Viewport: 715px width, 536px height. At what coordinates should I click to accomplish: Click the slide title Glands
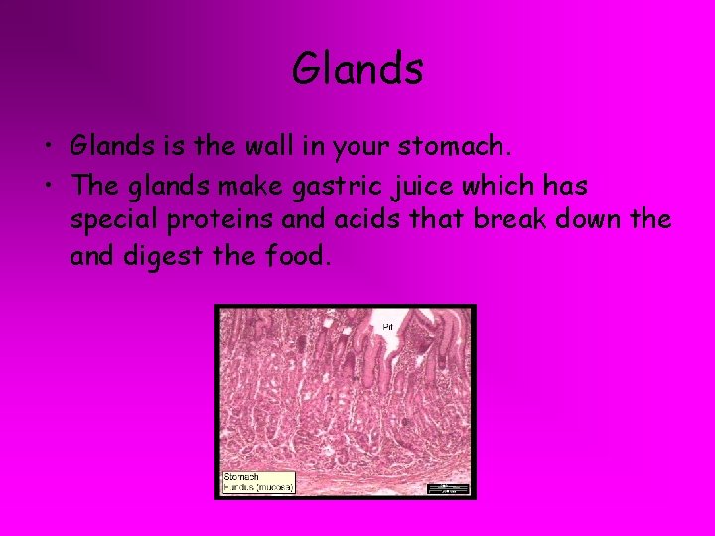[x=357, y=69]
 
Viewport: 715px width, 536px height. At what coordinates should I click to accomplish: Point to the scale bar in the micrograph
[x=447, y=487]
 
